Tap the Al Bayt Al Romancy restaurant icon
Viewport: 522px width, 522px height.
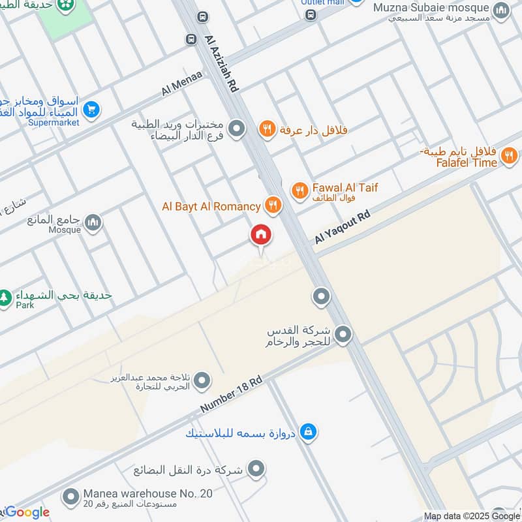pyautogui.click(x=273, y=206)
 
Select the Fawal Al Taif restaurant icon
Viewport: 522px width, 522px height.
pyautogui.click(x=299, y=191)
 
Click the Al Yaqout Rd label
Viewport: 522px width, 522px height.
pyautogui.click(x=342, y=227)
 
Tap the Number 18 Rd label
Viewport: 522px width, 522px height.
pyautogui.click(x=231, y=394)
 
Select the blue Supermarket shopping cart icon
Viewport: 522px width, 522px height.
pyautogui.click(x=91, y=110)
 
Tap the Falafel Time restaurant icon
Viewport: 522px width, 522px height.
pyautogui.click(x=509, y=156)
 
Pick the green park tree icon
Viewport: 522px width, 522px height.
pyautogui.click(x=5, y=297)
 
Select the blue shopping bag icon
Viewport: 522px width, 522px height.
pyautogui.click(x=309, y=431)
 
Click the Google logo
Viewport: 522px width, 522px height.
pyautogui.click(x=26, y=512)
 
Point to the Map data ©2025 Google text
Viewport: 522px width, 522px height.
pyautogui.click(x=472, y=516)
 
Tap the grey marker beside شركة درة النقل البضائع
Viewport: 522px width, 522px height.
pyautogui.click(x=256, y=468)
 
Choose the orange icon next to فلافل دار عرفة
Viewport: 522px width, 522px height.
pyautogui.click(x=266, y=129)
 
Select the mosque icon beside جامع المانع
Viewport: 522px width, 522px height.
pyautogui.click(x=93, y=223)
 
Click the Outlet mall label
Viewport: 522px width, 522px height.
pyautogui.click(x=322, y=3)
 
